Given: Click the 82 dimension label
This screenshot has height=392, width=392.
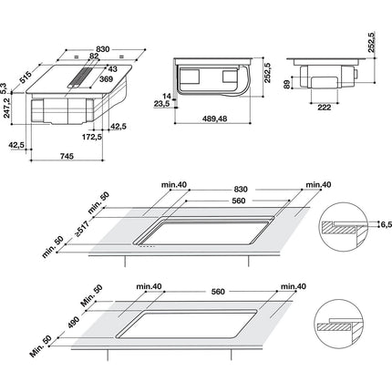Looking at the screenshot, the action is (94, 56).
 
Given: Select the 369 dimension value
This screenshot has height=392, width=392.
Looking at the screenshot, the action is (106, 79).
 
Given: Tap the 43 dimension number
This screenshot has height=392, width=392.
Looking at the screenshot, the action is (112, 69).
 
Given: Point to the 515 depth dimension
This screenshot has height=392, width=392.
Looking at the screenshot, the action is (26, 77).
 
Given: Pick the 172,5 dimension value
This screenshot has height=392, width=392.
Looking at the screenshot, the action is (92, 137).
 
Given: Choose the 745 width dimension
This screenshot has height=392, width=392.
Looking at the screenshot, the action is (67, 156).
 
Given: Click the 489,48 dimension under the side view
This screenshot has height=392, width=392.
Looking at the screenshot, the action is (215, 119).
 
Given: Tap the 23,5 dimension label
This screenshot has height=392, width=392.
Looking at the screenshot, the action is (161, 104).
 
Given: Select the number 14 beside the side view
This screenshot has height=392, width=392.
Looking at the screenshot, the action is (167, 97).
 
